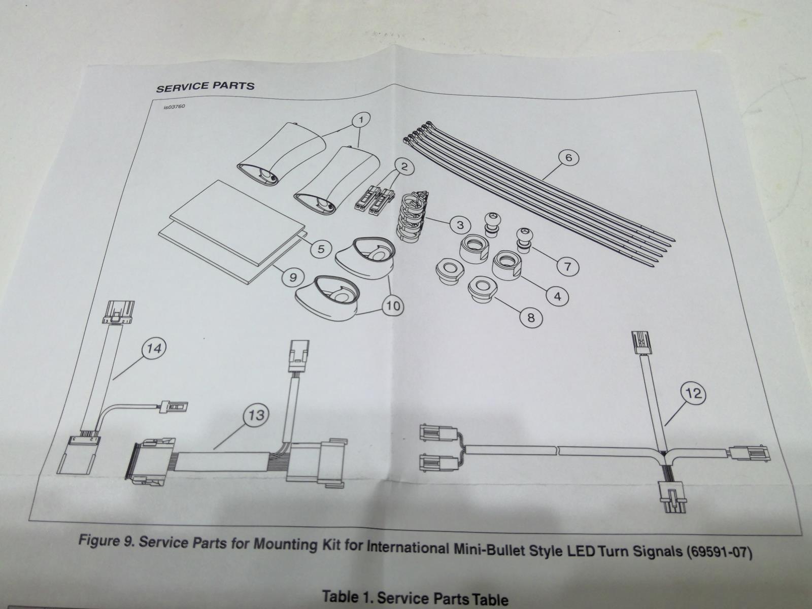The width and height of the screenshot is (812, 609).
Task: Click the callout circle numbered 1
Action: click(360, 120)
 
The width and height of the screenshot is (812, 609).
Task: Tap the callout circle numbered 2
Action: click(404, 166)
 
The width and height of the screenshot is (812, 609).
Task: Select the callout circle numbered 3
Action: click(460, 224)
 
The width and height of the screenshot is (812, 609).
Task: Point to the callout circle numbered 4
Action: click(558, 296)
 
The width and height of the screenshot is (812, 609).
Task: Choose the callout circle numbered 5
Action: click(321, 249)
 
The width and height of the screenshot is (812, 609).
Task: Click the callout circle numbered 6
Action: click(568, 158)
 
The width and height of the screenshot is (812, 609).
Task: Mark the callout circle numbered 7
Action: click(567, 266)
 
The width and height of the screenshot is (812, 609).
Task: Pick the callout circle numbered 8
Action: click(531, 318)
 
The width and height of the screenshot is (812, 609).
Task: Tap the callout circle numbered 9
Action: click(293, 277)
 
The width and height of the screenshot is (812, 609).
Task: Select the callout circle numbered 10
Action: click(393, 306)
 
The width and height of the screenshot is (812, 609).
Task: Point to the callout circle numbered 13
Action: click(257, 415)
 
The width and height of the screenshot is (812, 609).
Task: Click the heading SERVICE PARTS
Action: click(205, 86)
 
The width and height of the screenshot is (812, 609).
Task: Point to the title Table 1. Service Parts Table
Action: click(415, 597)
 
